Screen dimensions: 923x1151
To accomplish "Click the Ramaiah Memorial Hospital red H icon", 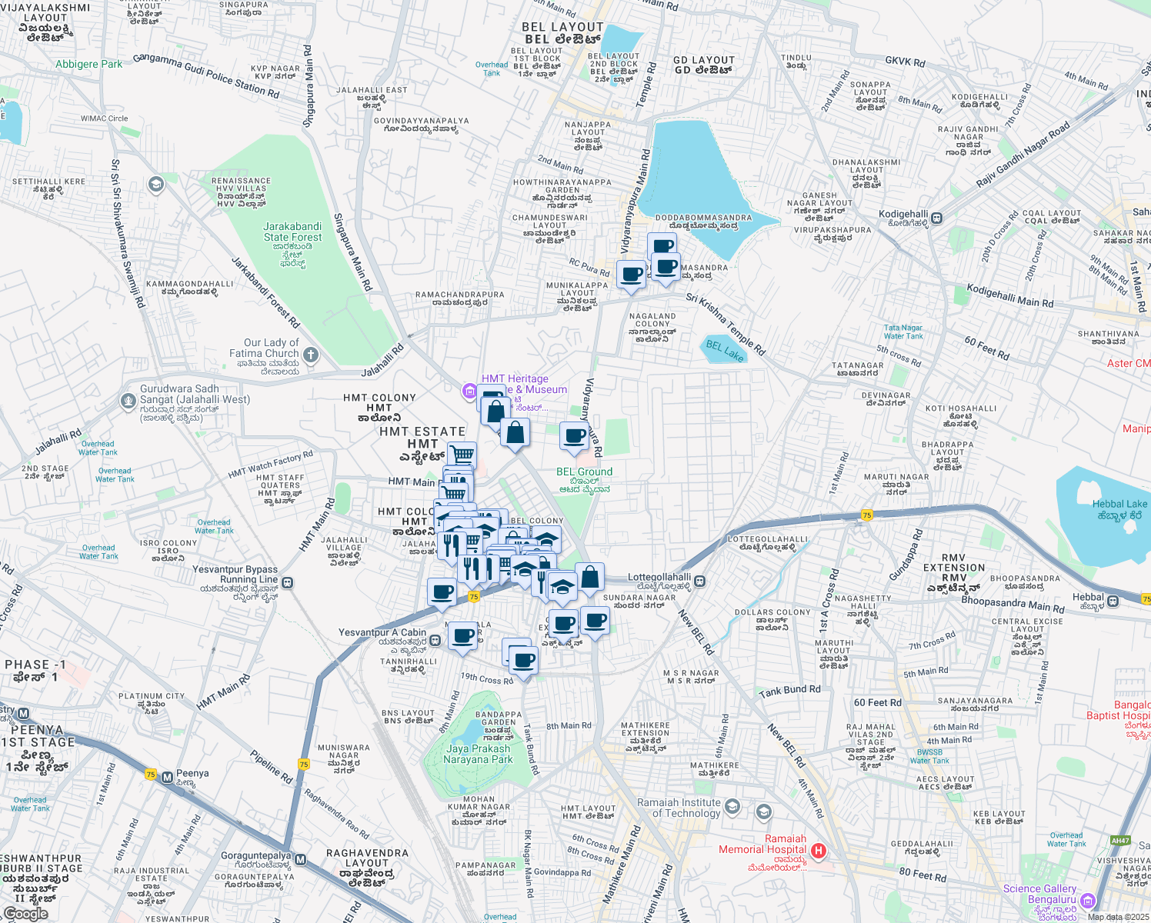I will click(x=819, y=851).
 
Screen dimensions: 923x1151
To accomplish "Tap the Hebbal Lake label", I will click(x=1119, y=509).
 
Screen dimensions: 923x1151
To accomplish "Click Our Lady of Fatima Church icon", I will click(x=311, y=355).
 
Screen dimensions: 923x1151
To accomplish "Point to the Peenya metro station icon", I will click(x=167, y=777).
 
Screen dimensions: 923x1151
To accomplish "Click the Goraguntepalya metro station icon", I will click(x=301, y=859).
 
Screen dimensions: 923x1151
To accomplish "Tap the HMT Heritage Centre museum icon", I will click(x=469, y=392).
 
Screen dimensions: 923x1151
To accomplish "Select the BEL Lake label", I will click(x=725, y=351).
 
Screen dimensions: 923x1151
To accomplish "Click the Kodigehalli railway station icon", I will click(x=936, y=218).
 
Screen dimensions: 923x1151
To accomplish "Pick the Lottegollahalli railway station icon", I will click(x=700, y=581).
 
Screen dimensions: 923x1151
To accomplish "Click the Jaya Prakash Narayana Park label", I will click(x=478, y=753).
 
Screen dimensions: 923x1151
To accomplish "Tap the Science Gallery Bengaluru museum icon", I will click(x=1087, y=900).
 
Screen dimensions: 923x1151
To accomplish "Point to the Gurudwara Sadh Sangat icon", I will click(x=128, y=401).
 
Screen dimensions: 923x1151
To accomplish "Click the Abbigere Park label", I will click(x=88, y=64).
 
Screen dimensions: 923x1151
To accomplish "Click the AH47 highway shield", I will click(x=1121, y=840).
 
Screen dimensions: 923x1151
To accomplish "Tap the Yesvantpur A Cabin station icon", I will click(x=435, y=639).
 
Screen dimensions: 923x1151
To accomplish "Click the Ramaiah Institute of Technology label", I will click(x=679, y=808).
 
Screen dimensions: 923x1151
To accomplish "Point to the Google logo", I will click(x=25, y=913).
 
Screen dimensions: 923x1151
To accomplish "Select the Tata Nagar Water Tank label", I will click(x=902, y=332).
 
